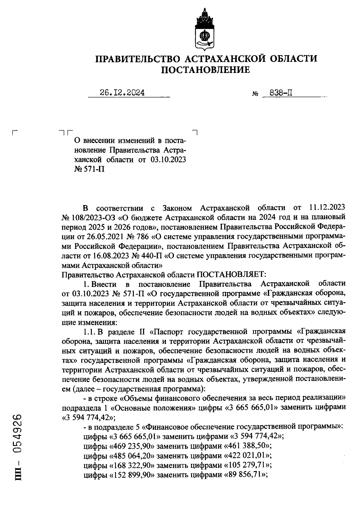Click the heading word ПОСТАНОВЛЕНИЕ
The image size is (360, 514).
pos(205,70)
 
